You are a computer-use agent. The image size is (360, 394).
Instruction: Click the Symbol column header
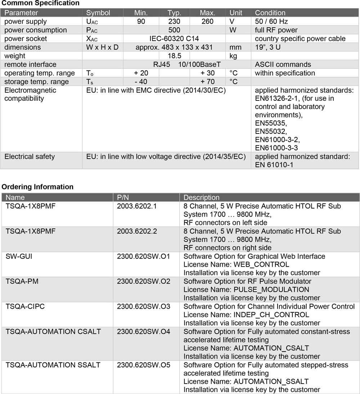coord(98,13)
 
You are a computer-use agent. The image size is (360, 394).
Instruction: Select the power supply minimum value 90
coord(141,22)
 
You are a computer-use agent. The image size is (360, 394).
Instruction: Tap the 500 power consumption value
coord(174,30)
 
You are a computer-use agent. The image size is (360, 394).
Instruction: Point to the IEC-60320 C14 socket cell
coord(174,39)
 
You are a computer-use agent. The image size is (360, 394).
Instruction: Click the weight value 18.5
coord(174,56)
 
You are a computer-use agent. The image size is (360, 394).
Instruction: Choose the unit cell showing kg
coord(233,56)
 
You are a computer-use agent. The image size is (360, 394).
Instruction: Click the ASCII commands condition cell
coord(283,65)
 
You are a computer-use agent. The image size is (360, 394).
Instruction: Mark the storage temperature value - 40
coord(141,82)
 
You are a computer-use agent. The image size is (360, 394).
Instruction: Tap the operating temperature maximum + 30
coord(207,73)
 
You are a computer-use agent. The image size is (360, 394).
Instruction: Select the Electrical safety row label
coord(30,157)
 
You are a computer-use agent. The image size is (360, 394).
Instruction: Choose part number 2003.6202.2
coord(137,231)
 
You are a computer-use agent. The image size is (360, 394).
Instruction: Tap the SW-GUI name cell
coord(19,257)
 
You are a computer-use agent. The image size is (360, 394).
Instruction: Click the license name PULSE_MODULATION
coord(246,290)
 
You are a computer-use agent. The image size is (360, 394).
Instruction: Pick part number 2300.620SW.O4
coord(144,331)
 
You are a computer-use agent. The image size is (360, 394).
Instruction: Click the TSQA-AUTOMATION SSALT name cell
coord(53,365)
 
